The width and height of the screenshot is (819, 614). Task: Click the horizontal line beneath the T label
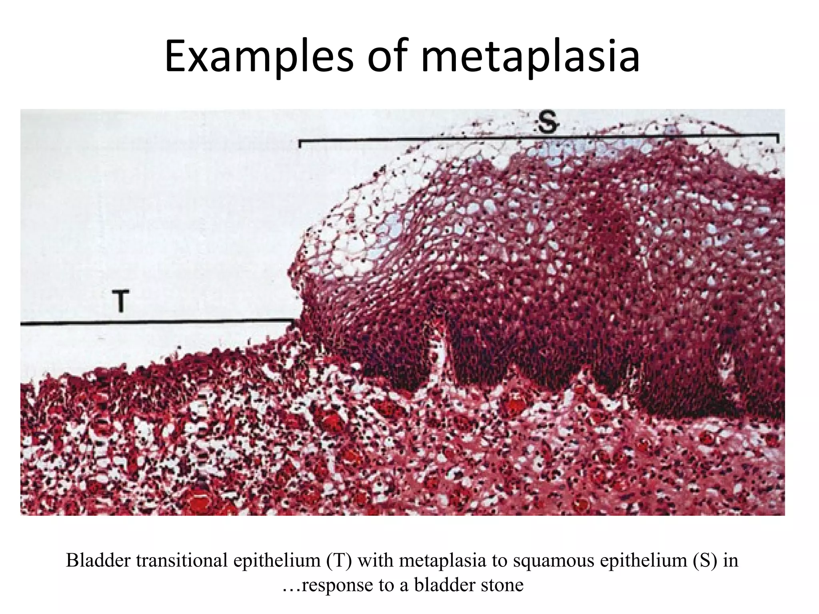coord(156,321)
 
